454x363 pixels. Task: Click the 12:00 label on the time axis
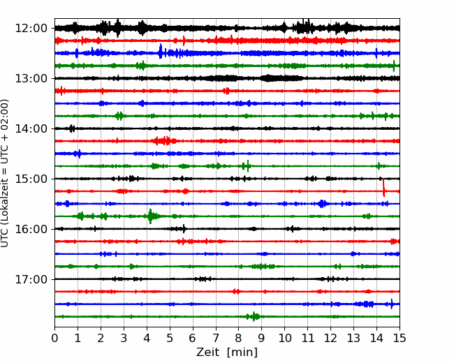[x=31, y=29]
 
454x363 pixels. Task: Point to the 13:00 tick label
[x=31, y=78]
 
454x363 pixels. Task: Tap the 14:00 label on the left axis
[x=31, y=128]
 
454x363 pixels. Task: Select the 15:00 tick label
[x=31, y=179]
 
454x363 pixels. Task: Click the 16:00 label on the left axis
[x=31, y=229]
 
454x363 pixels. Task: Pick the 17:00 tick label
[x=31, y=279]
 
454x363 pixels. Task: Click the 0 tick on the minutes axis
[x=54, y=338]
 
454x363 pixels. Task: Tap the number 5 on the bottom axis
[x=170, y=338]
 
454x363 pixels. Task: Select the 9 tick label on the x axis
[x=261, y=338]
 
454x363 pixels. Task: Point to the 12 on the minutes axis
[x=330, y=338]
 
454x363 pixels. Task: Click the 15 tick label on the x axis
[x=400, y=338]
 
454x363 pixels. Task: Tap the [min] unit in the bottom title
[x=242, y=353]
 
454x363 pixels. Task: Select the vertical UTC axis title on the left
[x=5, y=173]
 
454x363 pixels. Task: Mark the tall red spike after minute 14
[x=383, y=188]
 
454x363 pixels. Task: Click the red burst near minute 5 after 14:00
[x=164, y=141]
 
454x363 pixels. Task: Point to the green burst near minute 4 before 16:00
[x=151, y=216]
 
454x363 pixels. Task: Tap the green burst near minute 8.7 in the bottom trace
[x=254, y=316]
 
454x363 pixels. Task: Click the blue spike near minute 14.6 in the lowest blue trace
[x=392, y=304]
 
